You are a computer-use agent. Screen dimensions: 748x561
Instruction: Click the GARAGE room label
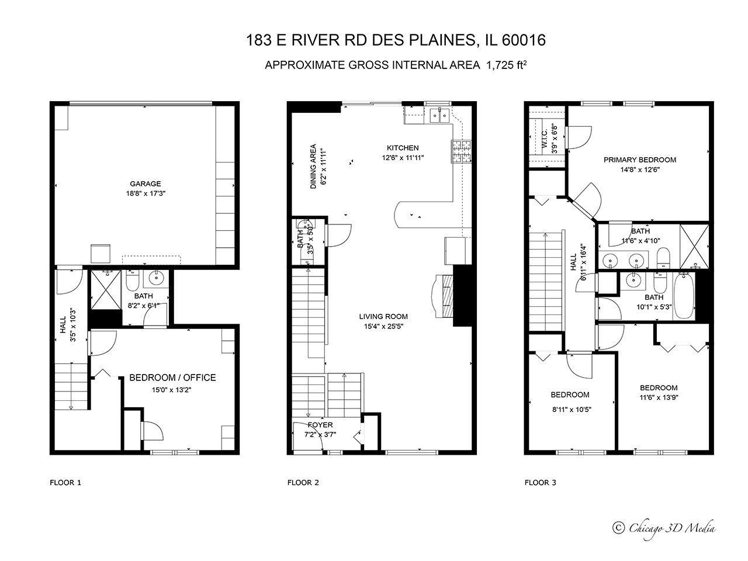pos(145,184)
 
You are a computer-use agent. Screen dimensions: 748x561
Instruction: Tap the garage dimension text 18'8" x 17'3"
pos(146,194)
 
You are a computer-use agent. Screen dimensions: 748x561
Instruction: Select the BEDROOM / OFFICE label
pos(172,378)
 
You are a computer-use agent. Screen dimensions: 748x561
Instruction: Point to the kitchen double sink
pos(439,116)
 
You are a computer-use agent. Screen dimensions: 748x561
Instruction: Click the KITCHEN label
pos(403,148)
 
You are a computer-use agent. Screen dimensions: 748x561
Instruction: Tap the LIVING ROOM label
pos(383,316)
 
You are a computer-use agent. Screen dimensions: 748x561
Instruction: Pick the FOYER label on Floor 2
pos(320,425)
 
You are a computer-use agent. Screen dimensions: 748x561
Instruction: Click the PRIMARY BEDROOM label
pos(640,160)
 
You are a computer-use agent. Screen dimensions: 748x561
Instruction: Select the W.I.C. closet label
pos(544,138)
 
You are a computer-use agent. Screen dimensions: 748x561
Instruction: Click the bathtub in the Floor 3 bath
pos(684,296)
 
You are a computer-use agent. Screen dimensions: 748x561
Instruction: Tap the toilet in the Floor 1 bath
pos(132,280)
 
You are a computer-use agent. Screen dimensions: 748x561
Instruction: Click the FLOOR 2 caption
pos(303,483)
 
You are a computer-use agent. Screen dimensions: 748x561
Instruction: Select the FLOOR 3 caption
pos(540,483)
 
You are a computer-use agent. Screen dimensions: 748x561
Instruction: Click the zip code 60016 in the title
pos(524,40)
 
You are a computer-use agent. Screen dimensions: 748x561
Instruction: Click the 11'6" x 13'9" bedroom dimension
pos(659,397)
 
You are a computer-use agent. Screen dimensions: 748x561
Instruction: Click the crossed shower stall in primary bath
pos(694,246)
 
